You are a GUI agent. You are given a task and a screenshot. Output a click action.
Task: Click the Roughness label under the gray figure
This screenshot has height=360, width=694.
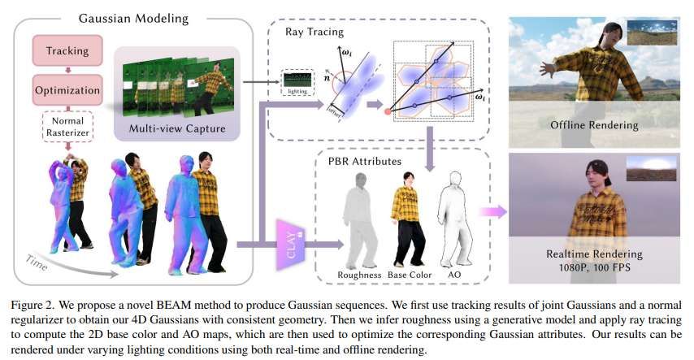pos(359,275)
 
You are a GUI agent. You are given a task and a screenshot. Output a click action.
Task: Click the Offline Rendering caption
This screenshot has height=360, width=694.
pos(594,125)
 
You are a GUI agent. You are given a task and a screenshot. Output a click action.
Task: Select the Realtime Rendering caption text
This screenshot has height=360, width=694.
pos(594,254)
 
